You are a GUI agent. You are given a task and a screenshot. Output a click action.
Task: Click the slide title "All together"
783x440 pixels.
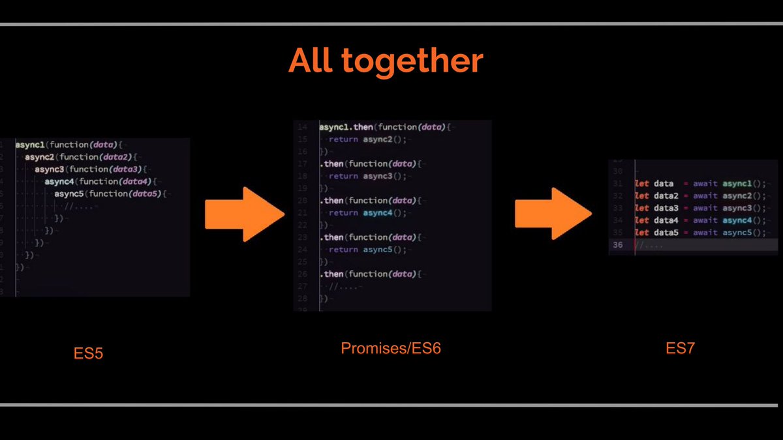pyautogui.click(x=386, y=62)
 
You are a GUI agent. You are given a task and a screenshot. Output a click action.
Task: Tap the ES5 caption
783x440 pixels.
pyautogui.click(x=88, y=354)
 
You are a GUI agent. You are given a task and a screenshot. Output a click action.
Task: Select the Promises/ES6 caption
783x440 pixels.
pyautogui.click(x=391, y=349)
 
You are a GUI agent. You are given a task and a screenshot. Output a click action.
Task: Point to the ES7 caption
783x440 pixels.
pyautogui.click(x=681, y=349)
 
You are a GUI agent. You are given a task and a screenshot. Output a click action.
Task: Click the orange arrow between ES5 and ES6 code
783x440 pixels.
pyautogui.click(x=245, y=213)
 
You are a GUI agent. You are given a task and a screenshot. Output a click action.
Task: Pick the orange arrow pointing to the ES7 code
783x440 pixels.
pyautogui.click(x=553, y=213)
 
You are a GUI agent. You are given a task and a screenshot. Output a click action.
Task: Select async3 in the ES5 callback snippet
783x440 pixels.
pyautogui.click(x=50, y=169)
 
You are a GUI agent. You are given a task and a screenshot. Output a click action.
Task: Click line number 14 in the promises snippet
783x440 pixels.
pyautogui.click(x=301, y=127)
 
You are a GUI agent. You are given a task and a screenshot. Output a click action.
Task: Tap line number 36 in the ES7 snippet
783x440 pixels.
pyautogui.click(x=617, y=245)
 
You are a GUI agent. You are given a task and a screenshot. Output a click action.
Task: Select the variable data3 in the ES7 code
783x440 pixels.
pyautogui.click(x=669, y=208)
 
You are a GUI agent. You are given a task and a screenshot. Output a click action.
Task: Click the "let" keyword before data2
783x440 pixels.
pyautogui.click(x=642, y=196)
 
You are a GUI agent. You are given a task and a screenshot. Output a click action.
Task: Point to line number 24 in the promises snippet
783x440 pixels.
pyautogui.click(x=301, y=250)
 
